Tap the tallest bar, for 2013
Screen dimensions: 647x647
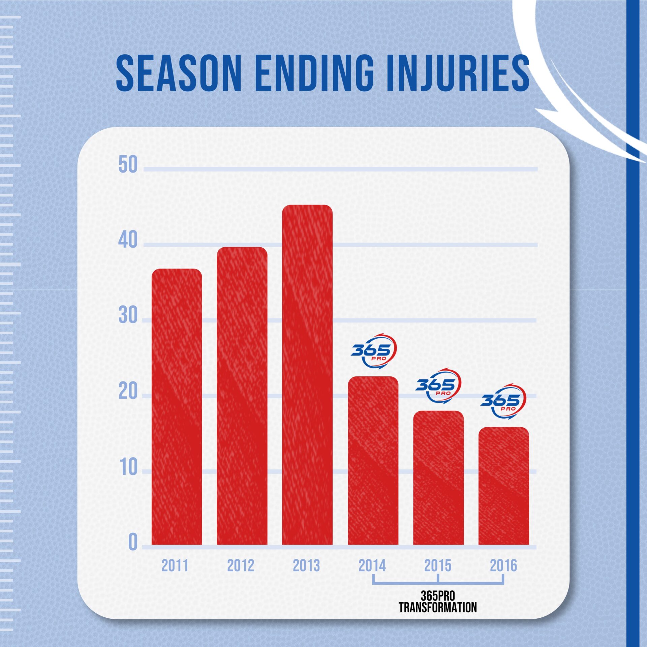pyautogui.click(x=307, y=374)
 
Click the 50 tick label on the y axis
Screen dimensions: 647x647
pyautogui.click(x=128, y=165)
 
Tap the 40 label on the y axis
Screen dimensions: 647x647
pyautogui.click(x=128, y=241)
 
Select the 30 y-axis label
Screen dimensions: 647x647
pyautogui.click(x=128, y=316)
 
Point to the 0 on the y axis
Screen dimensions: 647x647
pyautogui.click(x=133, y=543)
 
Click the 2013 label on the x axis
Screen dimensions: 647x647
pyautogui.click(x=306, y=565)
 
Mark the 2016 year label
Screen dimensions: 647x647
pyautogui.click(x=503, y=565)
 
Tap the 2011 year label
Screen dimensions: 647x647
pyautogui.click(x=175, y=565)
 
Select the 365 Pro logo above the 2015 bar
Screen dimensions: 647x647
pyautogui.click(x=438, y=386)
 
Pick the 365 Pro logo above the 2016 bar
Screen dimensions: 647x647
pyautogui.click(x=503, y=401)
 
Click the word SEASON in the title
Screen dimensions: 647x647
pyautogui.click(x=179, y=73)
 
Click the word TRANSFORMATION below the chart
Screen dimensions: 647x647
pyautogui.click(x=438, y=607)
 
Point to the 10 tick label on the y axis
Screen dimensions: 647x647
pyautogui.click(x=128, y=467)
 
